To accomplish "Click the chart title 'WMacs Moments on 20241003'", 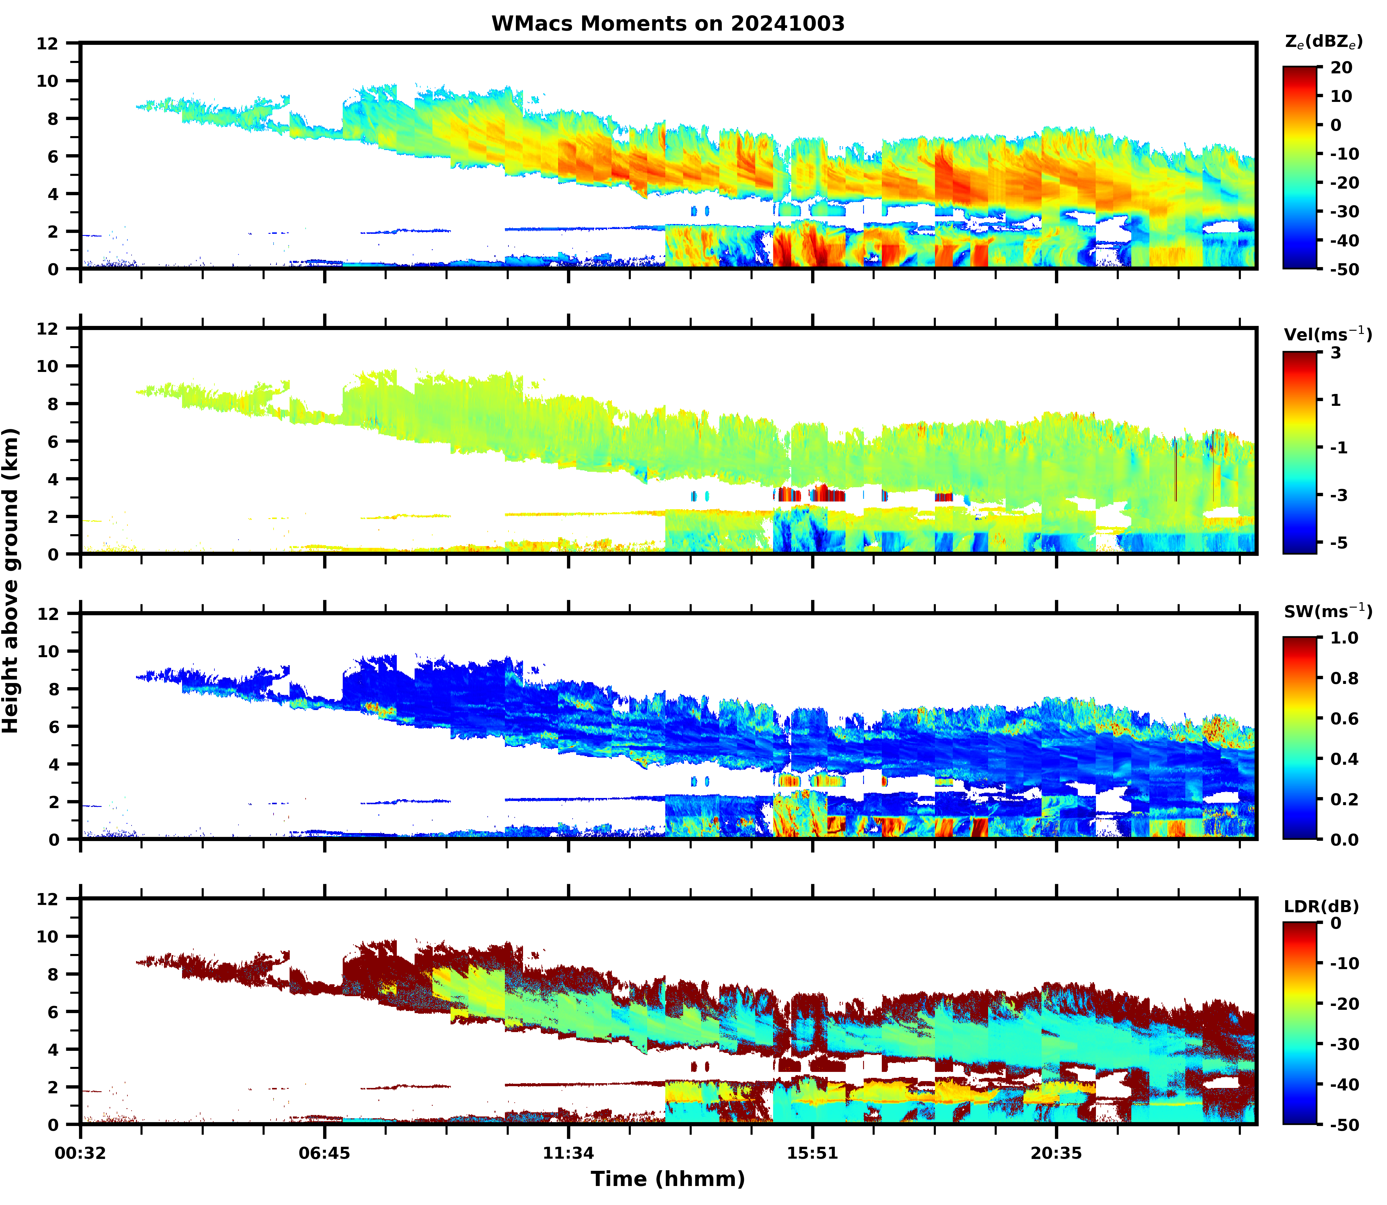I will coord(668,23).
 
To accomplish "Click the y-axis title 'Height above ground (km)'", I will coord(11,580).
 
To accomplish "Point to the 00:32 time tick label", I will coord(81,1153).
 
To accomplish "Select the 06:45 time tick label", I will coord(325,1153).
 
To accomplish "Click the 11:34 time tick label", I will coord(569,1153).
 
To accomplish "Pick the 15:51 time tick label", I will coord(813,1153).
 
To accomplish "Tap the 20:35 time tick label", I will coord(1056,1153).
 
